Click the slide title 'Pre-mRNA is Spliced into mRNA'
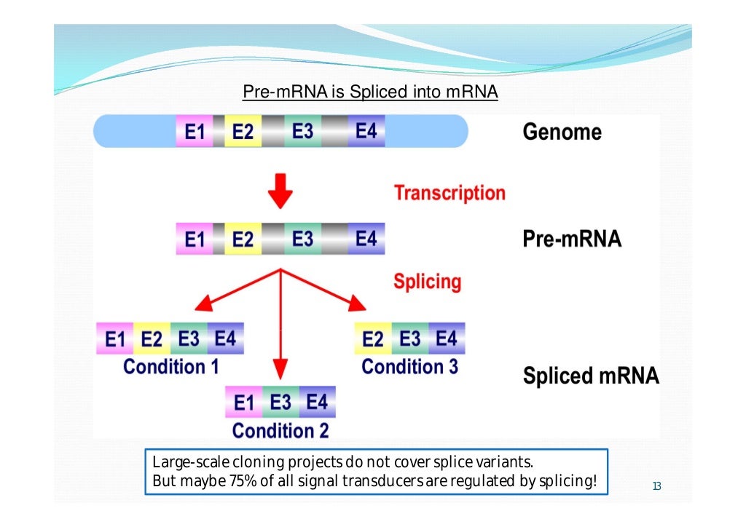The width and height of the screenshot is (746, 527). tap(370, 92)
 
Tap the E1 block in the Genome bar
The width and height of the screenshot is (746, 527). tap(195, 132)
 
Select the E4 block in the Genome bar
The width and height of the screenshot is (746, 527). tap(366, 132)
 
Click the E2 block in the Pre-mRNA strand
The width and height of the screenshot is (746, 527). tap(243, 239)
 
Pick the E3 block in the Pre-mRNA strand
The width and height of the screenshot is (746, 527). tap(302, 239)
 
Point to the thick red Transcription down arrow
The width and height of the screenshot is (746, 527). tap(280, 191)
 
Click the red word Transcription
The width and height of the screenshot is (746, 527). tap(449, 193)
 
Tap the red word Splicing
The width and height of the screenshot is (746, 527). tap(427, 282)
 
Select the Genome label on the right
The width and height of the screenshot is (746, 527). tap(562, 132)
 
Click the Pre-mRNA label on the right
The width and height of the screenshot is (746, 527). tap(572, 239)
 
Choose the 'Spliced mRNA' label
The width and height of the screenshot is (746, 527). tap(590, 376)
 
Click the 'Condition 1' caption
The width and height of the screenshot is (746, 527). tap(171, 367)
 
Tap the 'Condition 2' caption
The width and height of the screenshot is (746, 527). tap(280, 431)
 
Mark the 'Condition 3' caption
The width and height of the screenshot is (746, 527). tap(409, 367)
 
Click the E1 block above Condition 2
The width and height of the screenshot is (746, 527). tap(244, 403)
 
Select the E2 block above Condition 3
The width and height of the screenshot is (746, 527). tap(372, 339)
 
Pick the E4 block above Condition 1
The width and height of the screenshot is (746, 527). tap(226, 339)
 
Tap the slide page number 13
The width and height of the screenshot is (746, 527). tap(656, 487)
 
